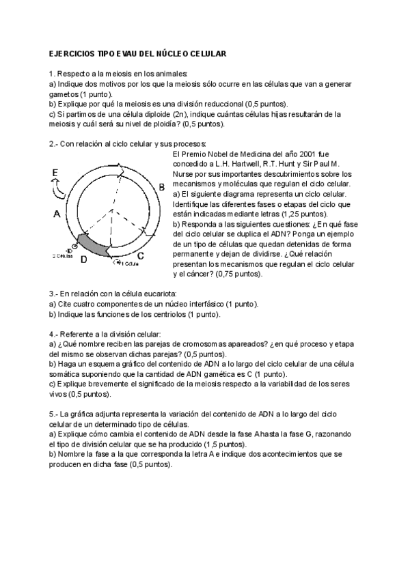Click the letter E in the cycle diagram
coord(55,174)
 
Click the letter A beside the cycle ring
coord(57,214)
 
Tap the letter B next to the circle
coord(161,186)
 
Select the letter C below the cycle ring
coord(140,256)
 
